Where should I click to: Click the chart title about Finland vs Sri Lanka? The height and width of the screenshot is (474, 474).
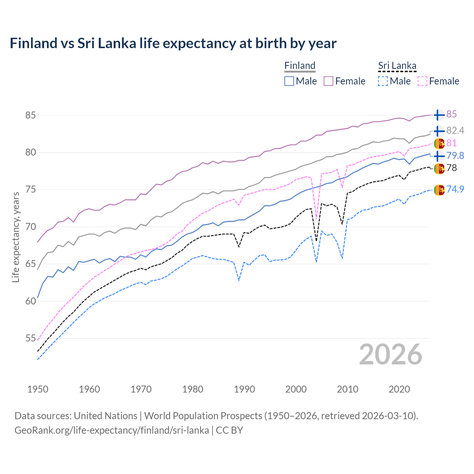pyautogui.click(x=173, y=43)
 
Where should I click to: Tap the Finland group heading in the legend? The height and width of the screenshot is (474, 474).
pyautogui.click(x=300, y=66)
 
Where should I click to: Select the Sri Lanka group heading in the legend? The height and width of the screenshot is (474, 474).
pyautogui.click(x=397, y=66)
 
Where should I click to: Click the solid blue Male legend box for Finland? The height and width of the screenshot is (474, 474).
pyautogui.click(x=289, y=81)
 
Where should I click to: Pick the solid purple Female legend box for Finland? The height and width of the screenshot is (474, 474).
pyautogui.click(x=328, y=81)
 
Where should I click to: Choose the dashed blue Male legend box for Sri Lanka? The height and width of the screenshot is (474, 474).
pyautogui.click(x=383, y=81)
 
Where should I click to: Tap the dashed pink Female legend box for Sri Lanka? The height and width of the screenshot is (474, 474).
pyautogui.click(x=422, y=81)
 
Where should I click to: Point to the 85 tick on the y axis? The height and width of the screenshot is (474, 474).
pyautogui.click(x=30, y=115)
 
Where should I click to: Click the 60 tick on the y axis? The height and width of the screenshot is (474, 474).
pyautogui.click(x=30, y=301)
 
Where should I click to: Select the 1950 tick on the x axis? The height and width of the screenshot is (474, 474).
pyautogui.click(x=38, y=389)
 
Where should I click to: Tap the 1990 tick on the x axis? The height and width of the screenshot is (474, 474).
pyautogui.click(x=244, y=389)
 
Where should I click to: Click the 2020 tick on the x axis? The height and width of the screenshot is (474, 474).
pyautogui.click(x=399, y=389)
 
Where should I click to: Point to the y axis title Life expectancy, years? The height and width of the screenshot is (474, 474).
pyautogui.click(x=16, y=237)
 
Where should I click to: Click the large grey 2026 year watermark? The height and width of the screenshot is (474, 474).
pyautogui.click(x=390, y=354)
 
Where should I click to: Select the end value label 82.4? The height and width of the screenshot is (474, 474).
pyautogui.click(x=455, y=130)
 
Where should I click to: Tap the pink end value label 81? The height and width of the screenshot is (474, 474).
pyautogui.click(x=451, y=143)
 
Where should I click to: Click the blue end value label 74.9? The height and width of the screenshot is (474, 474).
pyautogui.click(x=455, y=189)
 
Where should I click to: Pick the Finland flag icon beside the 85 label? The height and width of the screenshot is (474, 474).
pyautogui.click(x=439, y=115)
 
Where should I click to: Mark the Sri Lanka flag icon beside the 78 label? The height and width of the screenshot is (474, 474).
pyautogui.click(x=439, y=168)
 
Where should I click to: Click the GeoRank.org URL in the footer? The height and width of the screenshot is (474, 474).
pyautogui.click(x=111, y=430)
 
